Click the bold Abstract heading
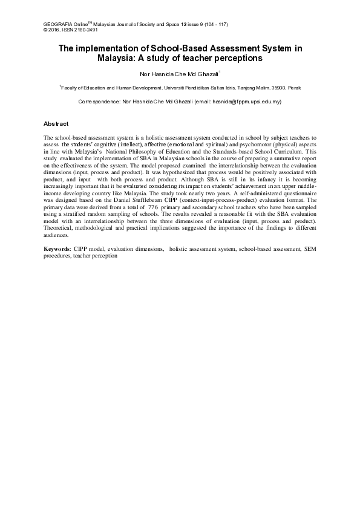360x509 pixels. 56,123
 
